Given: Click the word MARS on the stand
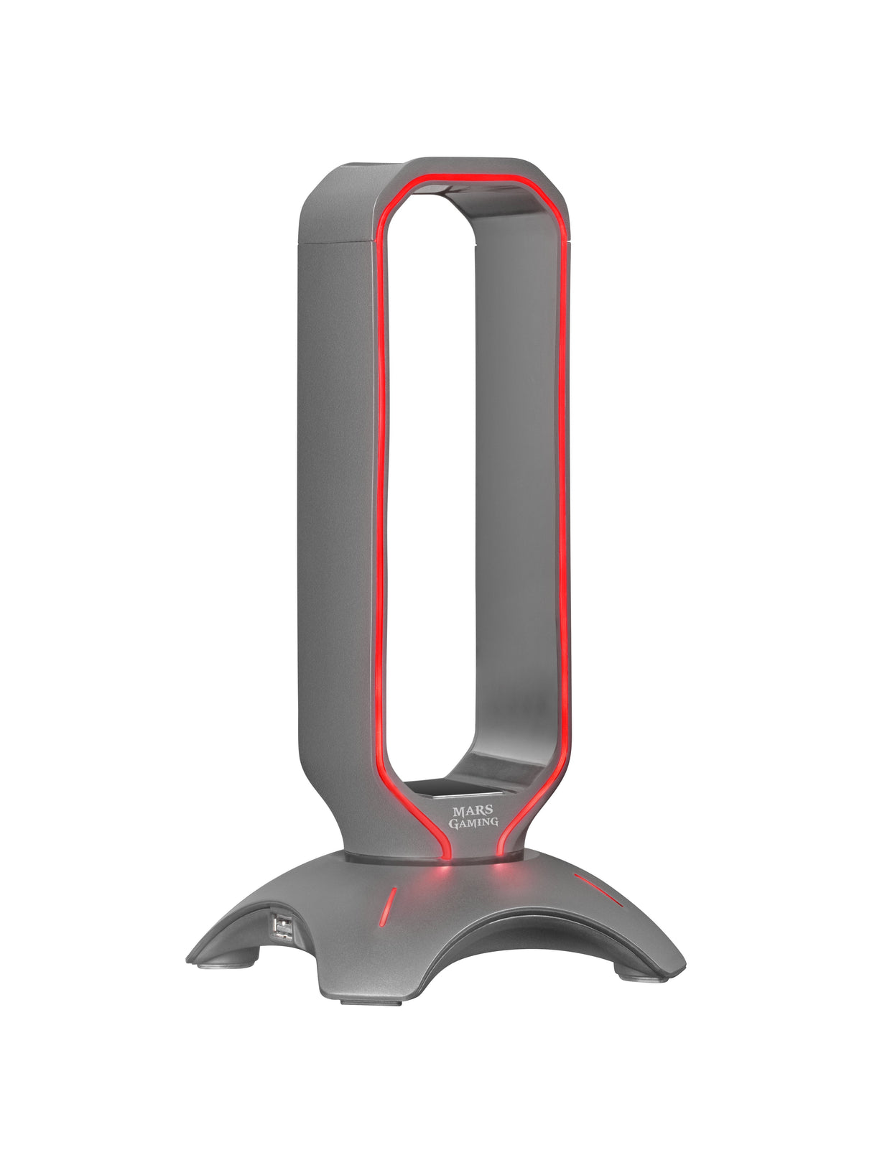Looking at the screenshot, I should [469, 811].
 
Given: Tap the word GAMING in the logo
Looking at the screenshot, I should [473, 823].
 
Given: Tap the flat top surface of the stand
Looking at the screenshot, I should [374, 170].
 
